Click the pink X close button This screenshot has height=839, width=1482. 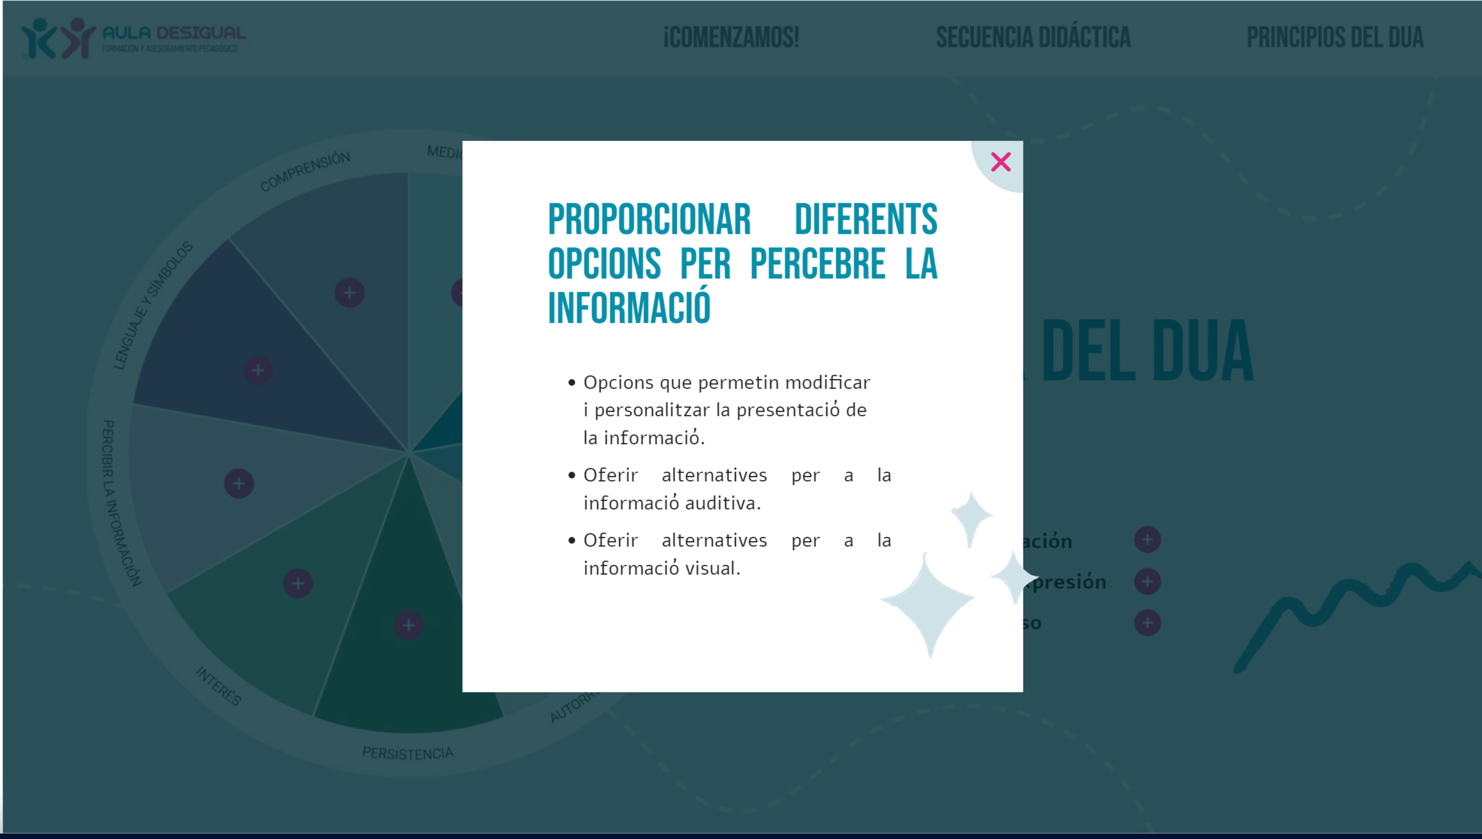coord(1001,162)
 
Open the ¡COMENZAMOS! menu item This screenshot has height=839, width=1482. coord(731,38)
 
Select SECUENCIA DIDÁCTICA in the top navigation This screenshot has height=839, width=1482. coord(1033,38)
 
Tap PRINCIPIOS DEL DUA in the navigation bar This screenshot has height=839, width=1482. coord(1335,38)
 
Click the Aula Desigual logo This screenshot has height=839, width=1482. coord(134,38)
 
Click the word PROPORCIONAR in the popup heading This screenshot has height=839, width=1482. coord(649,220)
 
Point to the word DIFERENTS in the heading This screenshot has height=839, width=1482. coord(866,220)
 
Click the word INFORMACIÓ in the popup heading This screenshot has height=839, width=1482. coord(629,308)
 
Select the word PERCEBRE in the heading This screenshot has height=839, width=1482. coord(818,264)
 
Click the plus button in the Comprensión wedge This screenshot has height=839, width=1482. coord(349,293)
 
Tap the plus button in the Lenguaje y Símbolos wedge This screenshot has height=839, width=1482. coord(258,370)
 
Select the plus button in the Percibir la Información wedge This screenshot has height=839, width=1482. coord(239,484)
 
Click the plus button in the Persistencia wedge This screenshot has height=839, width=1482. coord(408,625)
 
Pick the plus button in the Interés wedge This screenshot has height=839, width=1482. coord(298,584)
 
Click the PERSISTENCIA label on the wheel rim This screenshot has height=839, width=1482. coord(408,754)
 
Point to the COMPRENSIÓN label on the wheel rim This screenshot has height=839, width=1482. coord(305,171)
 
